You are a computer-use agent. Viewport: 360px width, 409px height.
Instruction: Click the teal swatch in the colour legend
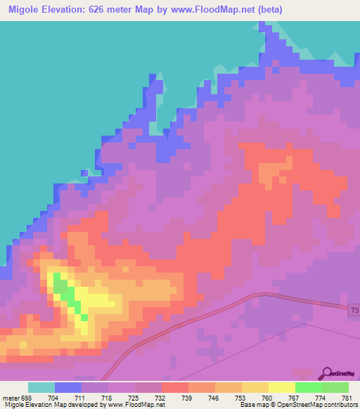pyautogui.click(x=41, y=387)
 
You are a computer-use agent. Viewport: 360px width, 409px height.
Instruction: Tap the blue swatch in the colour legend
pyautogui.click(x=68, y=387)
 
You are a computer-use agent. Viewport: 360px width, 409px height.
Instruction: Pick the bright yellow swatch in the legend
pyautogui.click(x=281, y=387)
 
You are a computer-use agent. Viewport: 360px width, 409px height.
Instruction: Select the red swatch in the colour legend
pyautogui.click(x=174, y=387)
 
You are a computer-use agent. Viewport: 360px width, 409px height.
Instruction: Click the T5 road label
pyautogui.click(x=354, y=309)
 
